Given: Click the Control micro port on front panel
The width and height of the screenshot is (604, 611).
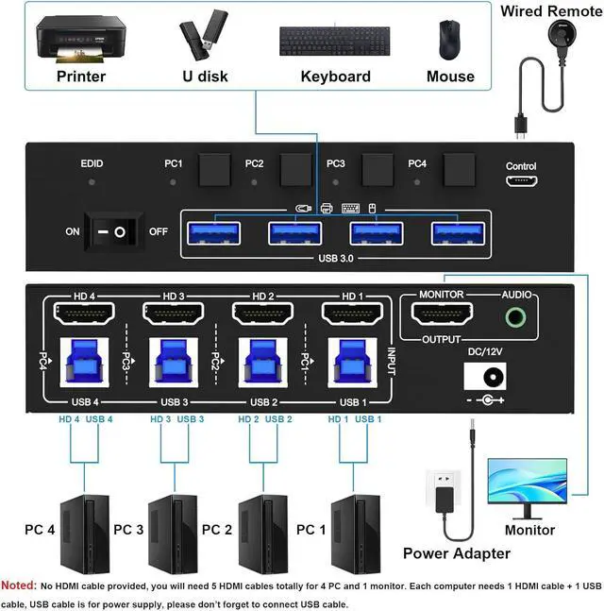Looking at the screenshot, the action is pos(521,181).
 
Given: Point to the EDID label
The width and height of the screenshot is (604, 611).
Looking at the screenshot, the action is pos(92,163).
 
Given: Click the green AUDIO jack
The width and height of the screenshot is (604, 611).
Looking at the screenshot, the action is pos(515,315).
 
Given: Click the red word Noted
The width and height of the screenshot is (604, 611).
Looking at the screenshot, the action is pos(18,586).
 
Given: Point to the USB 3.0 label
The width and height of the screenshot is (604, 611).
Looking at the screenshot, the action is pos(337,255).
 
